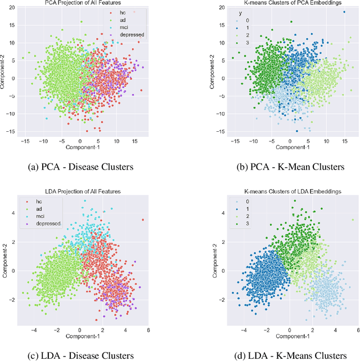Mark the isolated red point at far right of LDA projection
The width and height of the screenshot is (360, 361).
pyautogui.click(x=143, y=220)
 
